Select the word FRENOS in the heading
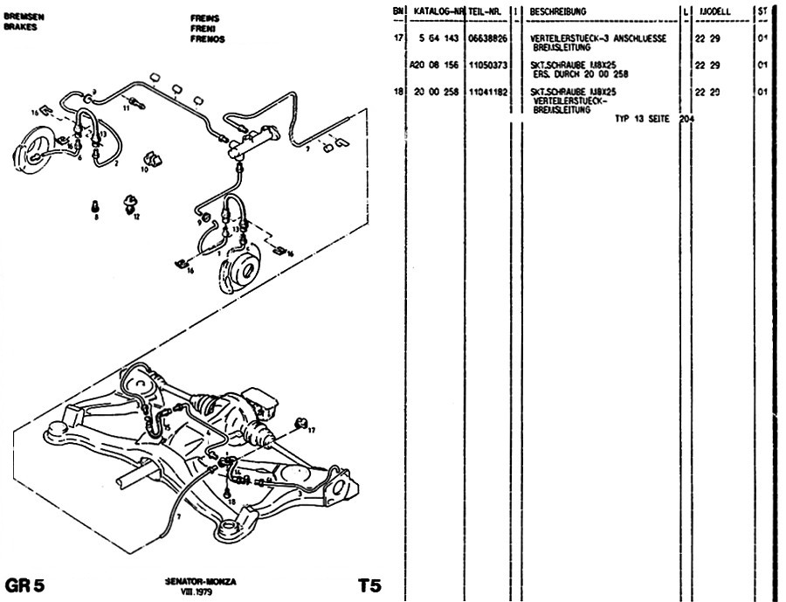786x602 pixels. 208,39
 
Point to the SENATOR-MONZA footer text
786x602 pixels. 200,580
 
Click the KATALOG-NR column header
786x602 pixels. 438,11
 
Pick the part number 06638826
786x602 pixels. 487,40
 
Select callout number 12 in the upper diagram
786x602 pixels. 137,216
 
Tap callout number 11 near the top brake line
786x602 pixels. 127,109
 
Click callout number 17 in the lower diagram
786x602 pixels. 312,430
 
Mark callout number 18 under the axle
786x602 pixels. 229,502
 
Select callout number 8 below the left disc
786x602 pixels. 96,216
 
